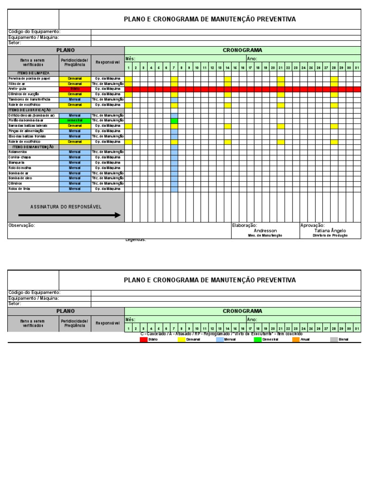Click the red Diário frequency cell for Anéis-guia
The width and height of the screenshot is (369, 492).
(x=75, y=89)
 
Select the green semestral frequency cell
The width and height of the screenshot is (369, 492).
(x=75, y=121)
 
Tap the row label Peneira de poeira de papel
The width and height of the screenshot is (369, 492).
(x=29, y=78)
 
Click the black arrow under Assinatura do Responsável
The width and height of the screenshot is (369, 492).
(x=69, y=215)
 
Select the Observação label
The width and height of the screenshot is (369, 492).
(x=22, y=225)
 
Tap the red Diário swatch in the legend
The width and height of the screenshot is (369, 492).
(x=144, y=339)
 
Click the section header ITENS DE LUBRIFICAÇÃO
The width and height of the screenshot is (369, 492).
(x=30, y=110)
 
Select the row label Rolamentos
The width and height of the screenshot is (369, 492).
(x=18, y=152)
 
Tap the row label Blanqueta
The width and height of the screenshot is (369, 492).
(x=16, y=162)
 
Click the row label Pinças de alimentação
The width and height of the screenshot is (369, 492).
(x=26, y=131)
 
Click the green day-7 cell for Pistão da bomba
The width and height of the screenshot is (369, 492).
(x=174, y=121)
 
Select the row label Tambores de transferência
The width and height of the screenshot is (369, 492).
(x=29, y=99)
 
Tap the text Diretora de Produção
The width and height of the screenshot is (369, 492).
(x=330, y=236)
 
